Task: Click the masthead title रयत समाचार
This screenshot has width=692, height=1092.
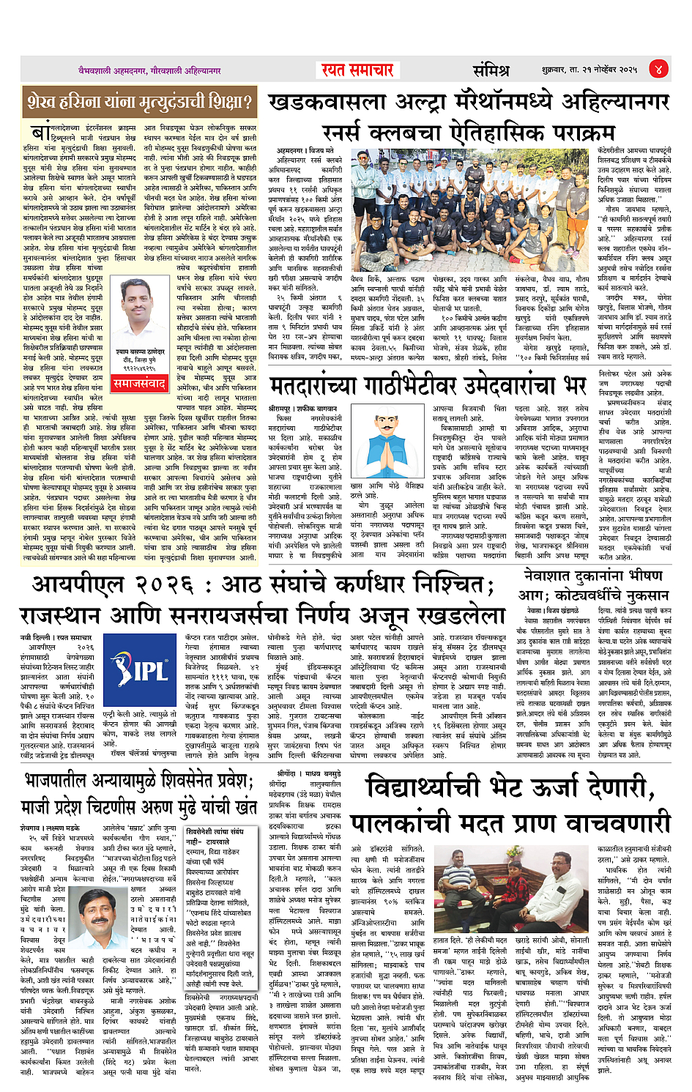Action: click(358, 70)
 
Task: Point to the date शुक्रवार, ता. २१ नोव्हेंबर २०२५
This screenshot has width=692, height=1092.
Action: click(589, 70)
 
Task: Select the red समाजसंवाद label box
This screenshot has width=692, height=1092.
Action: click(139, 382)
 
